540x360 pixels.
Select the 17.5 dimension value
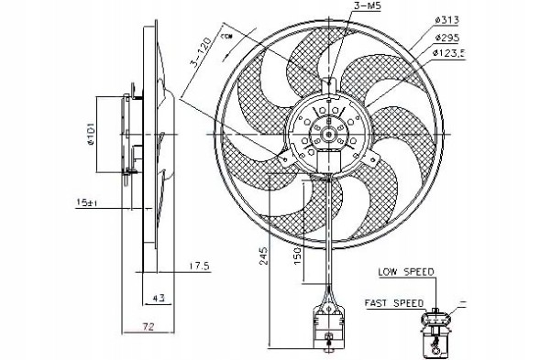174,267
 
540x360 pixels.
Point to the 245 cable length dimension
263,256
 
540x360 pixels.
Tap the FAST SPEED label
393,302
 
